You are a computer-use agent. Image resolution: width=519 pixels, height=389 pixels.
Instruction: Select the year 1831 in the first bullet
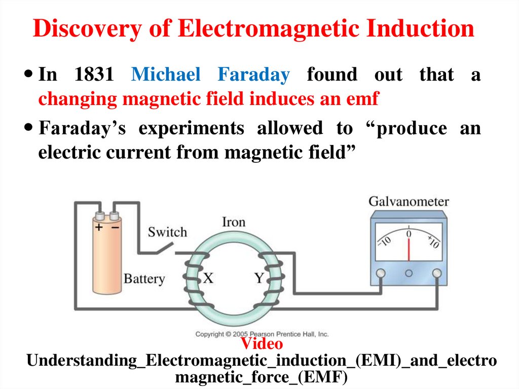[94, 75]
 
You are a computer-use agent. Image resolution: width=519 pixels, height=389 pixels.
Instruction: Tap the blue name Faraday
[253, 75]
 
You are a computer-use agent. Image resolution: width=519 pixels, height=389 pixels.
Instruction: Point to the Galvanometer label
[409, 201]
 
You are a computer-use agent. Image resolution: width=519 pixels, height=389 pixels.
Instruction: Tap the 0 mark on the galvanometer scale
[409, 234]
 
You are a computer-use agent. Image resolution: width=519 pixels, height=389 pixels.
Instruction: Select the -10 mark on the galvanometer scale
[384, 240]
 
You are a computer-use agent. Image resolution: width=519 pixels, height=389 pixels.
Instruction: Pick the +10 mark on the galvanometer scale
[433, 240]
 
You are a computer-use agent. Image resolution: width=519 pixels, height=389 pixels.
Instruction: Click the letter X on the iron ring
[209, 277]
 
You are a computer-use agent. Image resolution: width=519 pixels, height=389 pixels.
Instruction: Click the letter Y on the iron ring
[259, 277]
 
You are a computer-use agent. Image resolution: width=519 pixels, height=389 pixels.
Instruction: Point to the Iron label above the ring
[234, 222]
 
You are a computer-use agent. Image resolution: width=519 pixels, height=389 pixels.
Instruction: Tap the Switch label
[167, 232]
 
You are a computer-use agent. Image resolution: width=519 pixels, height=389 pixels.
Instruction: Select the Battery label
[144, 278]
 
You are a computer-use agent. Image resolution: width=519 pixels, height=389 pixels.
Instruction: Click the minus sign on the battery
[116, 227]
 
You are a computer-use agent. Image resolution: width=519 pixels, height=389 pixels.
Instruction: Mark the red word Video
[262, 344]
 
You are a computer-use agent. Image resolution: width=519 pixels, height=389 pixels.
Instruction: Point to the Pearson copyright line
[262, 334]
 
